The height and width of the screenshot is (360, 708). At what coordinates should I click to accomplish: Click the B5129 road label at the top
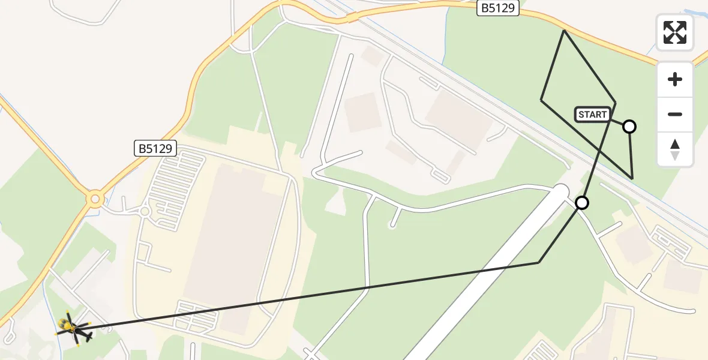click(x=498, y=8)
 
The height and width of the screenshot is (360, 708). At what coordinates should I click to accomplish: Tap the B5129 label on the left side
click(x=155, y=148)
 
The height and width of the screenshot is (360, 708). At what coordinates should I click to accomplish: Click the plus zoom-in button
click(x=675, y=79)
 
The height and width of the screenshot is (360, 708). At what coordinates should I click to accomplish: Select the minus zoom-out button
click(x=675, y=114)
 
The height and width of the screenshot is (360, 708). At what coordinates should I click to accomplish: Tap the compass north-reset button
click(x=675, y=149)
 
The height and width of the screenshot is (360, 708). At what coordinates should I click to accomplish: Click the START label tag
click(x=593, y=115)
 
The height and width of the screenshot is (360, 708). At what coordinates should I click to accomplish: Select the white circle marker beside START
click(x=629, y=126)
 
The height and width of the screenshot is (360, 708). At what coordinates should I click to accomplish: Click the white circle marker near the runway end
click(x=581, y=203)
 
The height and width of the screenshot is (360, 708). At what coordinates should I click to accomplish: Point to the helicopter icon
click(x=74, y=328)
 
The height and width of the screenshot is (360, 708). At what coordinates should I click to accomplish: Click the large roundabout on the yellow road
click(x=95, y=199)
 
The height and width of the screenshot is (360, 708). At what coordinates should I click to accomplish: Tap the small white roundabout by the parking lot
click(x=145, y=211)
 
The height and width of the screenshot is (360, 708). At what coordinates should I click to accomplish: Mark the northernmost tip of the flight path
click(x=564, y=30)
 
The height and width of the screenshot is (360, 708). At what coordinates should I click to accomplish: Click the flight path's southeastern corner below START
click(x=632, y=178)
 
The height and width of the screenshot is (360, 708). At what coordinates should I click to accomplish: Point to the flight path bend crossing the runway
click(x=539, y=262)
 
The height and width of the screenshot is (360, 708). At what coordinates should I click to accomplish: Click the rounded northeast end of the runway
click(x=560, y=192)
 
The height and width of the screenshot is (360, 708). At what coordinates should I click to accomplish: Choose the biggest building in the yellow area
click(x=231, y=246)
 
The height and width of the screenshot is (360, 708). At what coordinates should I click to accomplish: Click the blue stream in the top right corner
click(x=696, y=12)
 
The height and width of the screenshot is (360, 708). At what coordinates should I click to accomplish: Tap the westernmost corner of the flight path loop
click(x=541, y=100)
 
